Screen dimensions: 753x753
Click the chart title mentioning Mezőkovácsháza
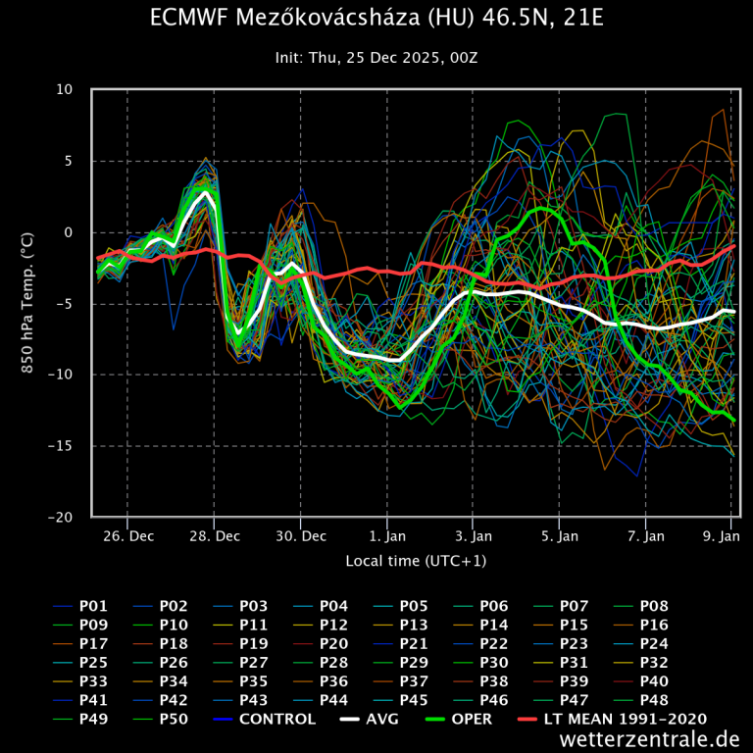coord(376,19)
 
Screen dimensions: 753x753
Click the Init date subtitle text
coord(376,59)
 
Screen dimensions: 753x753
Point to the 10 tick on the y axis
coord(64,89)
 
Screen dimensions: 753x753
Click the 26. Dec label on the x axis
coord(127,536)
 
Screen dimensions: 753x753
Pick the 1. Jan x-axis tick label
coord(387,536)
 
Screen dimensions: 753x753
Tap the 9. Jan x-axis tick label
coord(723,536)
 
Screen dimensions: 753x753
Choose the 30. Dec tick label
coord(301,536)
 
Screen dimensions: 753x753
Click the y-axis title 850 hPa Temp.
coord(28,303)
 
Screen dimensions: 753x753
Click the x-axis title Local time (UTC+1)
coord(416,561)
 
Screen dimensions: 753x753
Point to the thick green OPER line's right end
coord(733,421)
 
